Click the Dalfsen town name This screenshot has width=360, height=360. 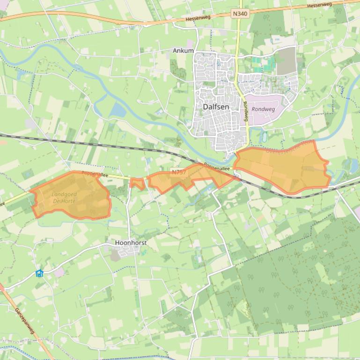click(x=216, y=107)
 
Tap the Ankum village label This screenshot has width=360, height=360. click(x=183, y=50)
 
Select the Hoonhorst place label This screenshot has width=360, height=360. click(x=131, y=243)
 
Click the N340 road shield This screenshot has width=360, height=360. click(x=240, y=14)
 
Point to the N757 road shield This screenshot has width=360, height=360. click(x=178, y=172)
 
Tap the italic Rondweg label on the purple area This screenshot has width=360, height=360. click(x=263, y=109)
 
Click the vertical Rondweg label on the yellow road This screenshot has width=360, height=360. click(x=245, y=112)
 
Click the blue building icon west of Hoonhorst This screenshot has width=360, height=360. click(x=40, y=273)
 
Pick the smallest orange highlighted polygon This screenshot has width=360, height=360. click(x=137, y=183)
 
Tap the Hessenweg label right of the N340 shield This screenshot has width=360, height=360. click(x=320, y=5)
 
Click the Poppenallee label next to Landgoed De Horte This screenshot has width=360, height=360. click(x=95, y=174)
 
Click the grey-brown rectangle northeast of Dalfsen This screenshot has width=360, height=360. click(x=286, y=61)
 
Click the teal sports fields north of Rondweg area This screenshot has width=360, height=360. click(x=262, y=63)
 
